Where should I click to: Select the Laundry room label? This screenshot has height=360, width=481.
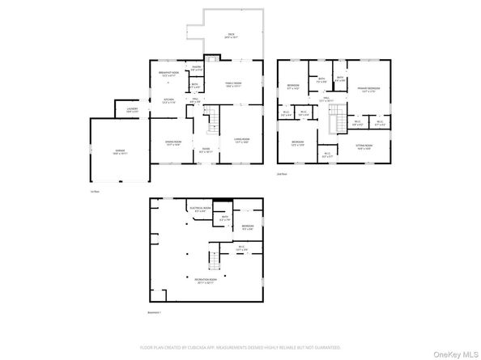click(x=131, y=110)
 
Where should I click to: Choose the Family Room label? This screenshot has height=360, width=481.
click(x=232, y=83)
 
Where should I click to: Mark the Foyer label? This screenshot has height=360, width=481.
click(x=206, y=150)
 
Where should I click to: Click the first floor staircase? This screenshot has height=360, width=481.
click(x=214, y=121)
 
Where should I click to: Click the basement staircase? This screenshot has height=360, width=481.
click(x=215, y=260)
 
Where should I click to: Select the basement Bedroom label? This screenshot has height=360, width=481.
click(x=247, y=227)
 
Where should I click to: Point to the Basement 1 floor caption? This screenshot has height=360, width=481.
click(x=155, y=312)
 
